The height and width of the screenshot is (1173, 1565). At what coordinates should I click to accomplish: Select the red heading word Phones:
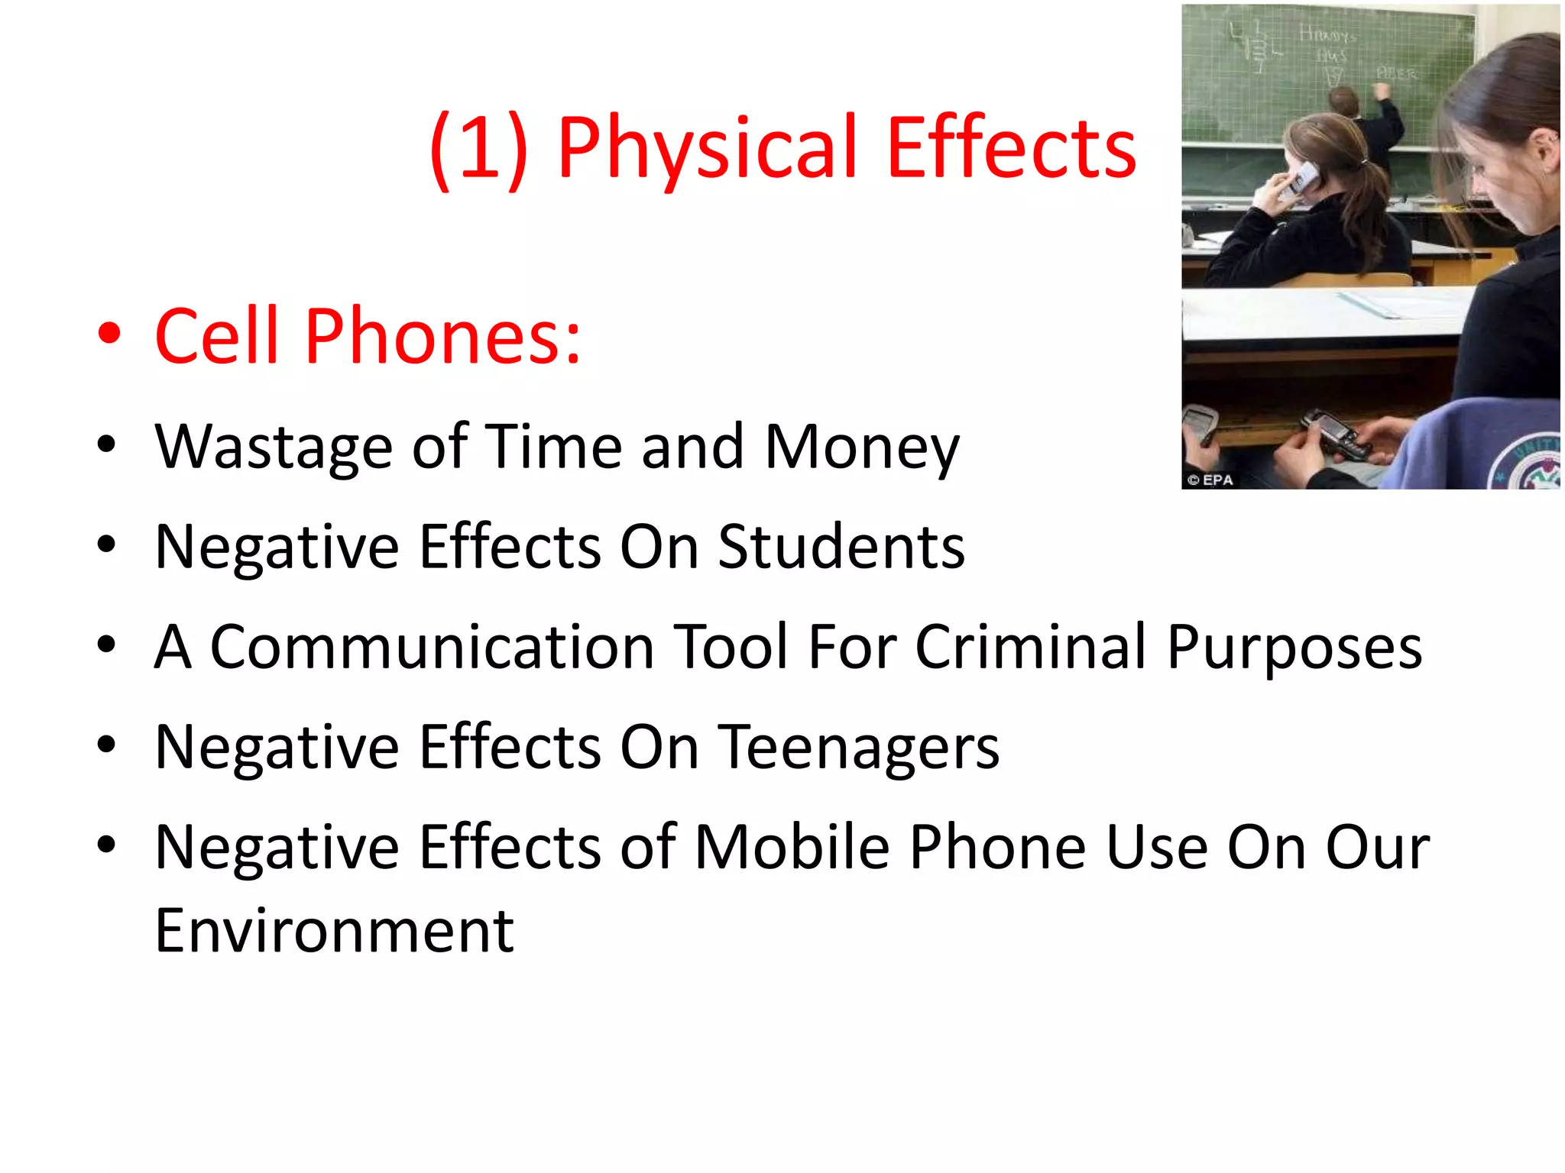click(442, 336)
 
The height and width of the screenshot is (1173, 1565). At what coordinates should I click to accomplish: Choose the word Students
click(841, 547)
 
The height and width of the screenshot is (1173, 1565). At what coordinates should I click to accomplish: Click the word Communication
click(432, 647)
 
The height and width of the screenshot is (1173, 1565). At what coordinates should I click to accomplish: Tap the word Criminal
click(1032, 647)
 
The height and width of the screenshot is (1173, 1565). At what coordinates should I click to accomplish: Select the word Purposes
click(1294, 647)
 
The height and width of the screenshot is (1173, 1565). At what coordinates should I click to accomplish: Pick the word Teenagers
click(859, 747)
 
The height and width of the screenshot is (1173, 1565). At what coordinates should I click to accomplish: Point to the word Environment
click(334, 931)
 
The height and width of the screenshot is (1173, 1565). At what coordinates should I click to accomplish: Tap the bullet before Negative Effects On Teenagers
click(106, 744)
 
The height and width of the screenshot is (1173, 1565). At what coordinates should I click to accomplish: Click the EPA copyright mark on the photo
click(1210, 480)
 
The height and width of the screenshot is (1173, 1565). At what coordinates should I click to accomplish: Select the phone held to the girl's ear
click(1302, 179)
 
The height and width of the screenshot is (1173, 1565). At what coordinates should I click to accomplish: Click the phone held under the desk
click(1333, 432)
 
